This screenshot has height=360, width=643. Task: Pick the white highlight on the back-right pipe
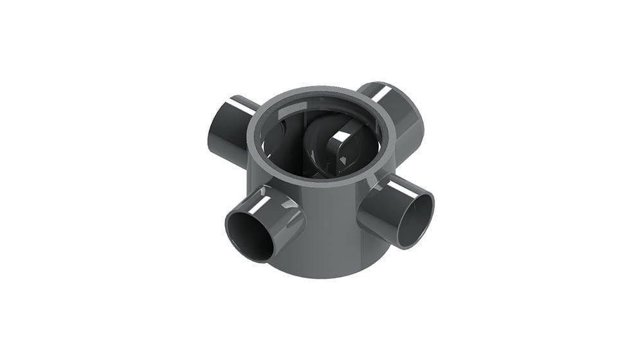click(386, 93)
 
